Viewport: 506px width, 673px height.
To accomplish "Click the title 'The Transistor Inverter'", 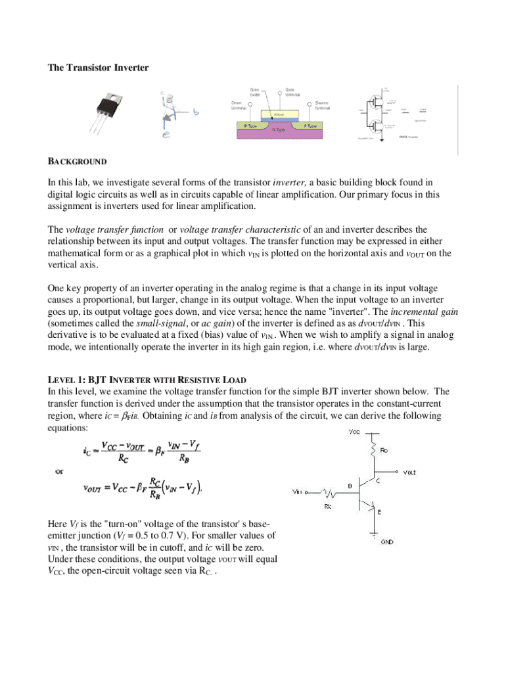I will click(x=99, y=67).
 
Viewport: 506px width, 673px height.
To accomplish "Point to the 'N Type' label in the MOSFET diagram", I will click(x=278, y=129).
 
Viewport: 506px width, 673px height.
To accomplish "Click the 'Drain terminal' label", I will click(x=239, y=105).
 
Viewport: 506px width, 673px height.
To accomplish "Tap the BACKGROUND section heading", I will click(x=78, y=161).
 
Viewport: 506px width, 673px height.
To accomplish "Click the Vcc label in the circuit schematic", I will click(x=354, y=432).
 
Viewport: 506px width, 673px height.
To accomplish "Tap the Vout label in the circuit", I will click(x=409, y=472).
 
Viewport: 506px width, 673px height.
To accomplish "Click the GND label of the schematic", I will click(x=388, y=542).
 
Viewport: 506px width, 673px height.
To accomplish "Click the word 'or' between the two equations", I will click(x=60, y=471).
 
